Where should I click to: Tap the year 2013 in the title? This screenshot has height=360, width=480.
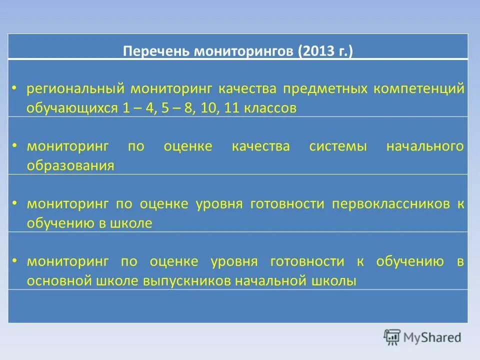(316, 52)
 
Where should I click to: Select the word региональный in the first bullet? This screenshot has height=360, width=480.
(75, 89)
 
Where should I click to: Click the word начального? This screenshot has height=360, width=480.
(424, 146)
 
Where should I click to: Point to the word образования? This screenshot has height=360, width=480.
(70, 166)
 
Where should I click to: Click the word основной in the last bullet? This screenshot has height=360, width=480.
(58, 281)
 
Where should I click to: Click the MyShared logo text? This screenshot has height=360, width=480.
(432, 338)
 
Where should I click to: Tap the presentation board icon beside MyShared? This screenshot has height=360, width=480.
(392, 337)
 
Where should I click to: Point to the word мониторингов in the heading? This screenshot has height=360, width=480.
(244, 52)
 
